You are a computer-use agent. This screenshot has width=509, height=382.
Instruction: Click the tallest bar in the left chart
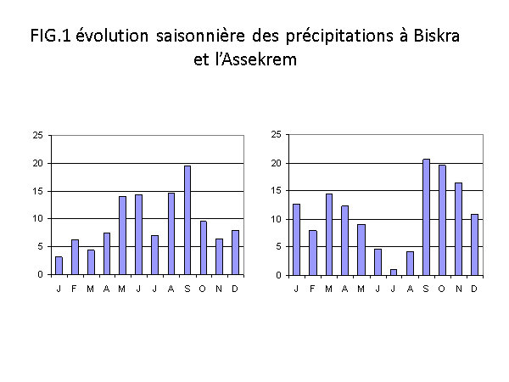[187, 220]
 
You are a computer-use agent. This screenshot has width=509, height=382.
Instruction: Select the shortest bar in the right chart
[394, 272]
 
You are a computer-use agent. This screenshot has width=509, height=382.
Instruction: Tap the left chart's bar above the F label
[75, 257]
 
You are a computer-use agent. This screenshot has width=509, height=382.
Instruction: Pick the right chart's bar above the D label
[474, 245]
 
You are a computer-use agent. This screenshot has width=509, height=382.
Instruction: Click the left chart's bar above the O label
[204, 248]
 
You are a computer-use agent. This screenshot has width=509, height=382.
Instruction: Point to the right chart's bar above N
[458, 229]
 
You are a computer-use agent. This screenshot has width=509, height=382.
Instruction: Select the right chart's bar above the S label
[426, 217]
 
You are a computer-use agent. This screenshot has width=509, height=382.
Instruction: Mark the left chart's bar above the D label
[235, 253]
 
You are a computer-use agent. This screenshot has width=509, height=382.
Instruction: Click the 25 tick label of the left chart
[37, 135]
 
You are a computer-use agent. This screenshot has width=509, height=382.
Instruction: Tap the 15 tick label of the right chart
[277, 191]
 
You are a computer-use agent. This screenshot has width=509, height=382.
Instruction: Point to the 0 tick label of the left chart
[40, 275]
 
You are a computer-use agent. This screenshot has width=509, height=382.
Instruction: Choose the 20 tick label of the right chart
[277, 163]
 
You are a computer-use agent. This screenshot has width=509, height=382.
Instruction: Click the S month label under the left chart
[187, 289]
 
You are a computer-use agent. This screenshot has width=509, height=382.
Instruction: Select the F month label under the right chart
[312, 289]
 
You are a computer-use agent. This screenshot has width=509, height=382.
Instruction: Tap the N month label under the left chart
[219, 289]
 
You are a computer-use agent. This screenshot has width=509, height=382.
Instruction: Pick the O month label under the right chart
[442, 289]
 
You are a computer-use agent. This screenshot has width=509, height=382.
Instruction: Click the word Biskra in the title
[437, 36]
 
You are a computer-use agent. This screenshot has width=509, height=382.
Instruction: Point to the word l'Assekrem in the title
[256, 59]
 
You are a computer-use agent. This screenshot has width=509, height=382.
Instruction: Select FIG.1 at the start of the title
[50, 36]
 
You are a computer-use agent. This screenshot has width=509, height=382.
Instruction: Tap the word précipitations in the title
[339, 37]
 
